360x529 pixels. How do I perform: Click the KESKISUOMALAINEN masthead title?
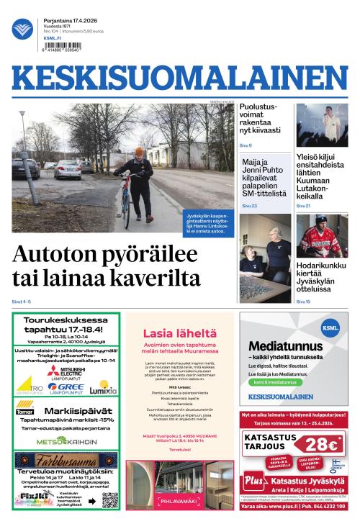coord(179,78)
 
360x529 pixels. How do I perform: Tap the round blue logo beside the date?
coord(22,29)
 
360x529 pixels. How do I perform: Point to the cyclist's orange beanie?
coord(140,151)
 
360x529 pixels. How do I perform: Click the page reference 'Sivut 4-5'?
coord(22,301)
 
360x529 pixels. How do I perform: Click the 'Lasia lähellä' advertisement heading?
coord(179,333)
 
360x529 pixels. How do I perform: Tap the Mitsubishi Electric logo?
coord(66,371)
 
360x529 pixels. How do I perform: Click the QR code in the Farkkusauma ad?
coord(109,500)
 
